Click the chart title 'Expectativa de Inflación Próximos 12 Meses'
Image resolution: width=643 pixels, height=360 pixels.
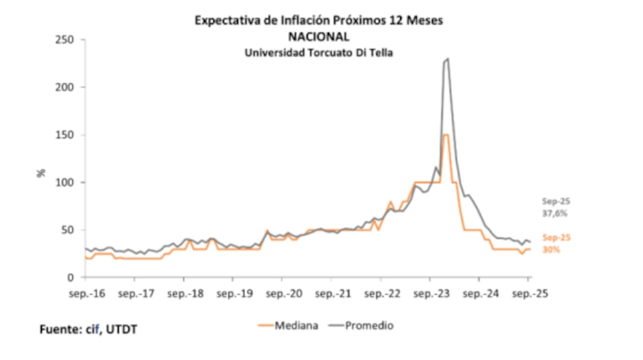point(319,21)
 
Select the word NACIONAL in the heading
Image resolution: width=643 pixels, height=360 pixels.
point(319,37)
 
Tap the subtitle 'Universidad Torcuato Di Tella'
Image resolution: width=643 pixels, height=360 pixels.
point(319,53)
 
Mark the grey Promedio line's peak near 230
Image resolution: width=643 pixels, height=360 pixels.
point(447,59)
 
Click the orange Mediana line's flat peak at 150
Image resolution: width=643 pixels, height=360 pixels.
point(445,135)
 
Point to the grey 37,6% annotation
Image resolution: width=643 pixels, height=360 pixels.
point(556,213)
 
